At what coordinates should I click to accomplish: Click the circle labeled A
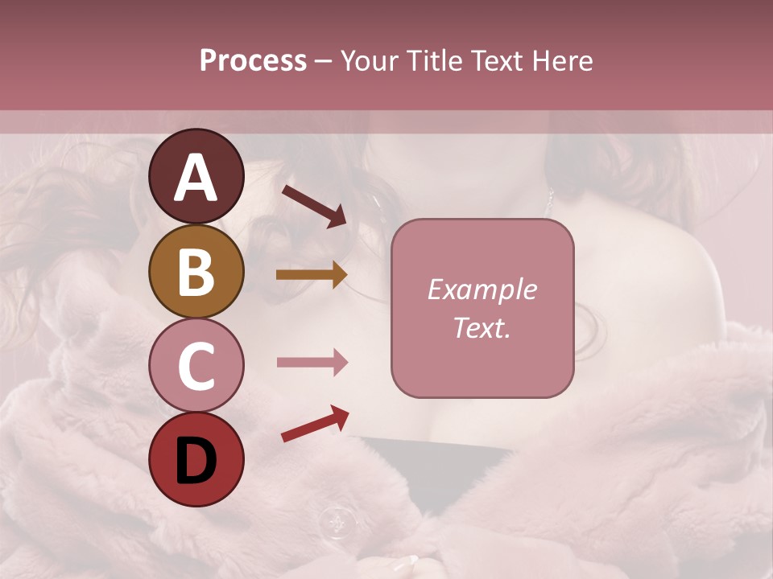pos(196,176)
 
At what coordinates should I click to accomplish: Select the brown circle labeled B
pos(196,271)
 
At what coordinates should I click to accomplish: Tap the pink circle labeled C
pos(196,365)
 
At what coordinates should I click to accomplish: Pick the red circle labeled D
pos(196,459)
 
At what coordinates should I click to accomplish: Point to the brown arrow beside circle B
pos(312,275)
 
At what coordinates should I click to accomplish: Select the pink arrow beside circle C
pos(312,363)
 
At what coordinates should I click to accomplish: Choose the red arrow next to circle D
pos(315,424)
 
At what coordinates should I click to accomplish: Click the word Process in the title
pos(253,61)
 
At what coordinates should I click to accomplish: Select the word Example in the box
pos(482,289)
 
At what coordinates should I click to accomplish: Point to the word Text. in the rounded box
pos(482,328)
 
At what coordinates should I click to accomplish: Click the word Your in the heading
pos(370,61)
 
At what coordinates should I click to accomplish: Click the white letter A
pos(196,178)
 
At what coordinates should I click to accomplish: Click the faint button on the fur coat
pos(334,523)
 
